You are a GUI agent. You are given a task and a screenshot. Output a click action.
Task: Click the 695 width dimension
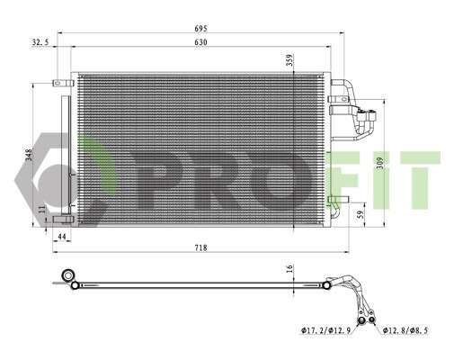(x=200, y=29)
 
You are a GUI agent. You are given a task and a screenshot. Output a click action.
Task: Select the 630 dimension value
(x=200, y=42)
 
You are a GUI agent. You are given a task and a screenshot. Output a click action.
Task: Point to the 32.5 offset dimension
(x=40, y=42)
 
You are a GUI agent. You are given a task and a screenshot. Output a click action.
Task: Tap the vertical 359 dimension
(x=290, y=60)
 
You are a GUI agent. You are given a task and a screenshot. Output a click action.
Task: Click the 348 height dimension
(x=29, y=155)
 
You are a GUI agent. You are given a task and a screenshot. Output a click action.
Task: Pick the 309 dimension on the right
(x=380, y=163)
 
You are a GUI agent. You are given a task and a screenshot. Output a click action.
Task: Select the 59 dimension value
(x=361, y=214)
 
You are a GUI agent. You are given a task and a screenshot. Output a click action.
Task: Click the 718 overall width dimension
(x=200, y=247)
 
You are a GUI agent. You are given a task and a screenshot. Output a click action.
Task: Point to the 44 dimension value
(x=62, y=237)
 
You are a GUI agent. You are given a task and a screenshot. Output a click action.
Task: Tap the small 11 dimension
(x=42, y=209)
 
